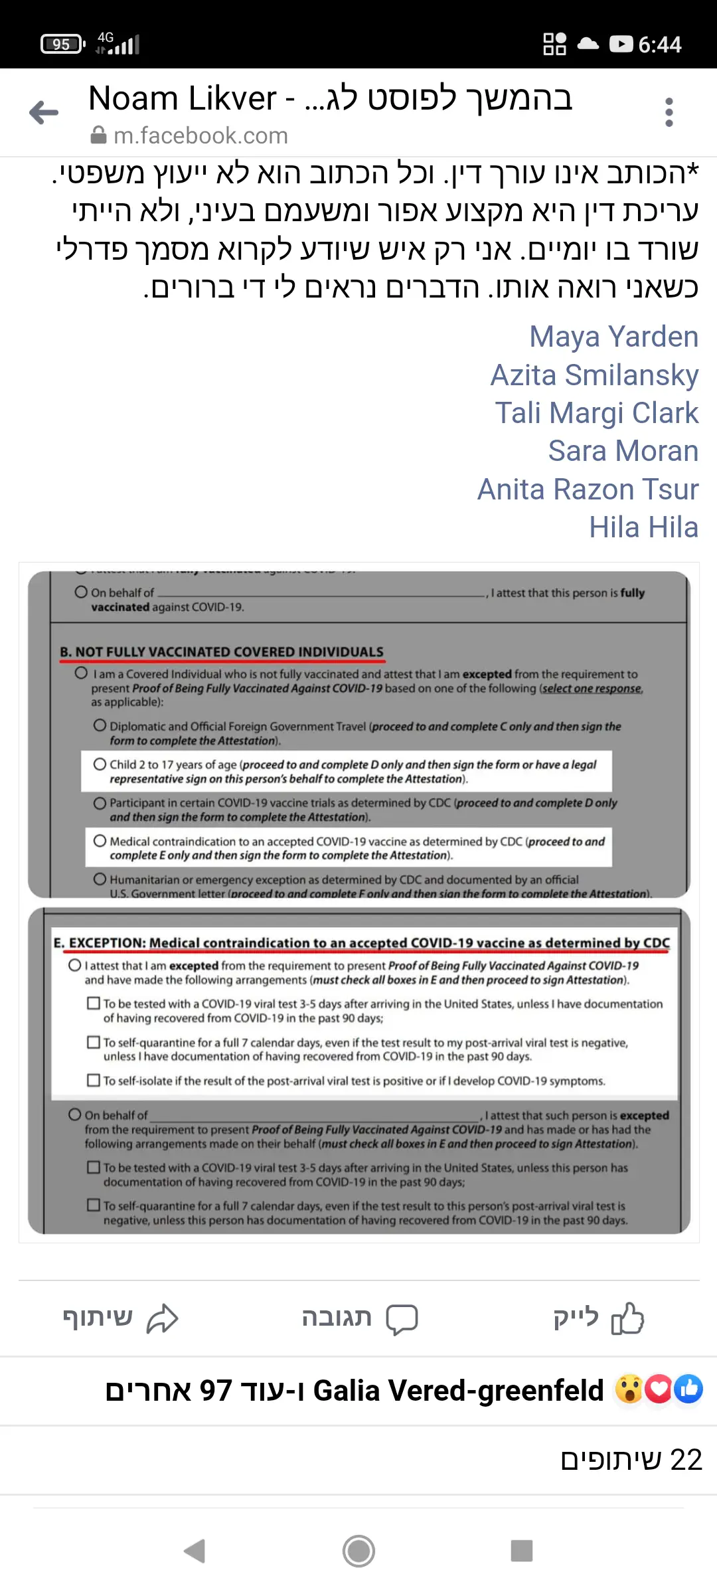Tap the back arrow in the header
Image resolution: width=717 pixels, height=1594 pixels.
point(44,112)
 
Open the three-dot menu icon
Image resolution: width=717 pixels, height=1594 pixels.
point(669,112)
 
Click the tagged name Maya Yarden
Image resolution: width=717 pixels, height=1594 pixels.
point(613,337)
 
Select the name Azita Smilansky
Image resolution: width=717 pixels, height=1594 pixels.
point(594,375)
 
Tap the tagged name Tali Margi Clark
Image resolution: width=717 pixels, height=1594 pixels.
point(596,413)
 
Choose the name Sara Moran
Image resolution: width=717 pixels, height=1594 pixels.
point(623,451)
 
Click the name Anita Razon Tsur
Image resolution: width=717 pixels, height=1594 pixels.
point(588,489)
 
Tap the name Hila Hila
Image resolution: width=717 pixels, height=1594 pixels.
point(643,527)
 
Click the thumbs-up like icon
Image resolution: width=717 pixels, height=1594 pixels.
point(627,1318)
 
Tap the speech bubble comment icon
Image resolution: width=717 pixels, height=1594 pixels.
point(402,1319)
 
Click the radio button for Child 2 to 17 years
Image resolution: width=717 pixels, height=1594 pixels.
point(100,764)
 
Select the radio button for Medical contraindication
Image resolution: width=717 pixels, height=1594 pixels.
point(100,841)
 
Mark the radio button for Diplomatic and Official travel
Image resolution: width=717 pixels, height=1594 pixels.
point(100,725)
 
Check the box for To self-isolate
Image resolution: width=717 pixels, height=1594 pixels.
point(94,1081)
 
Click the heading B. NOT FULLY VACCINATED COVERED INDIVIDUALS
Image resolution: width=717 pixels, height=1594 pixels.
point(222,652)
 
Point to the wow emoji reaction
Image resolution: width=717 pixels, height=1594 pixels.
point(628,1389)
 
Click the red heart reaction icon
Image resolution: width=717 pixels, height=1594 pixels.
point(658,1389)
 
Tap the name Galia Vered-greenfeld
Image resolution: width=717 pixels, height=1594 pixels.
point(458,1391)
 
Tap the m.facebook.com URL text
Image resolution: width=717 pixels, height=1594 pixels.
point(200,136)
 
